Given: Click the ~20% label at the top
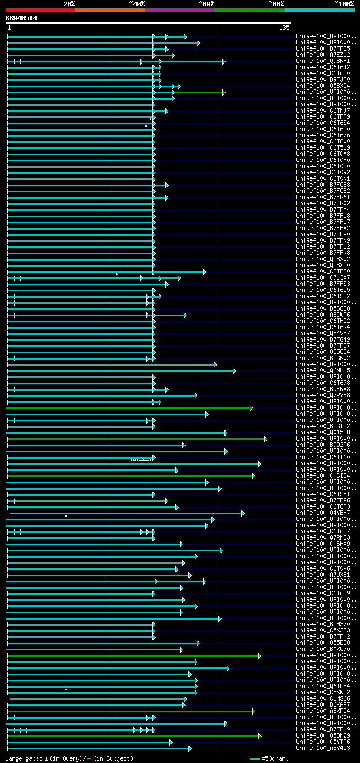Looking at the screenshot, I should pos(69,3).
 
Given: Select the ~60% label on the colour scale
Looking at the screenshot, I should pos(206,3).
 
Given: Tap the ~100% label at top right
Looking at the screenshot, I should pos(344,3).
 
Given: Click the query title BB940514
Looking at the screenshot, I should pos(21,18).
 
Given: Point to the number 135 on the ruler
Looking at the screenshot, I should pos(283,28).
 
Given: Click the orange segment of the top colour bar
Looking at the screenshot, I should pos(110,10).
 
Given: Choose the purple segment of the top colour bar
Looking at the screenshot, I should pos(179,10).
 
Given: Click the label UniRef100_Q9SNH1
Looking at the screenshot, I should pos(324,61).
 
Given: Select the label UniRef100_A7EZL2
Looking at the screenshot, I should pos(324,55).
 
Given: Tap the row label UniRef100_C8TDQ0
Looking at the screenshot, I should pos(324,271).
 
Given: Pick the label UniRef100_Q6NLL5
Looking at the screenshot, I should pos(324,370).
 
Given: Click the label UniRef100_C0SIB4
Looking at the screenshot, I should pos(324,475).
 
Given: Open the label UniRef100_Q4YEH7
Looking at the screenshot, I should pos(324,513).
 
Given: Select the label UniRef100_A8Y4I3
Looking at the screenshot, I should pos(324,748).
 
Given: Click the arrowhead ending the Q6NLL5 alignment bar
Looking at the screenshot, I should pos(235,370).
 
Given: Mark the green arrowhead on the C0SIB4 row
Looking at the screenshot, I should pos(254,476).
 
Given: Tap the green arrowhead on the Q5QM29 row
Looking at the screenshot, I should pos(259,735).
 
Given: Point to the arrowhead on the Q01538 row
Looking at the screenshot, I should pos(226,433).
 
